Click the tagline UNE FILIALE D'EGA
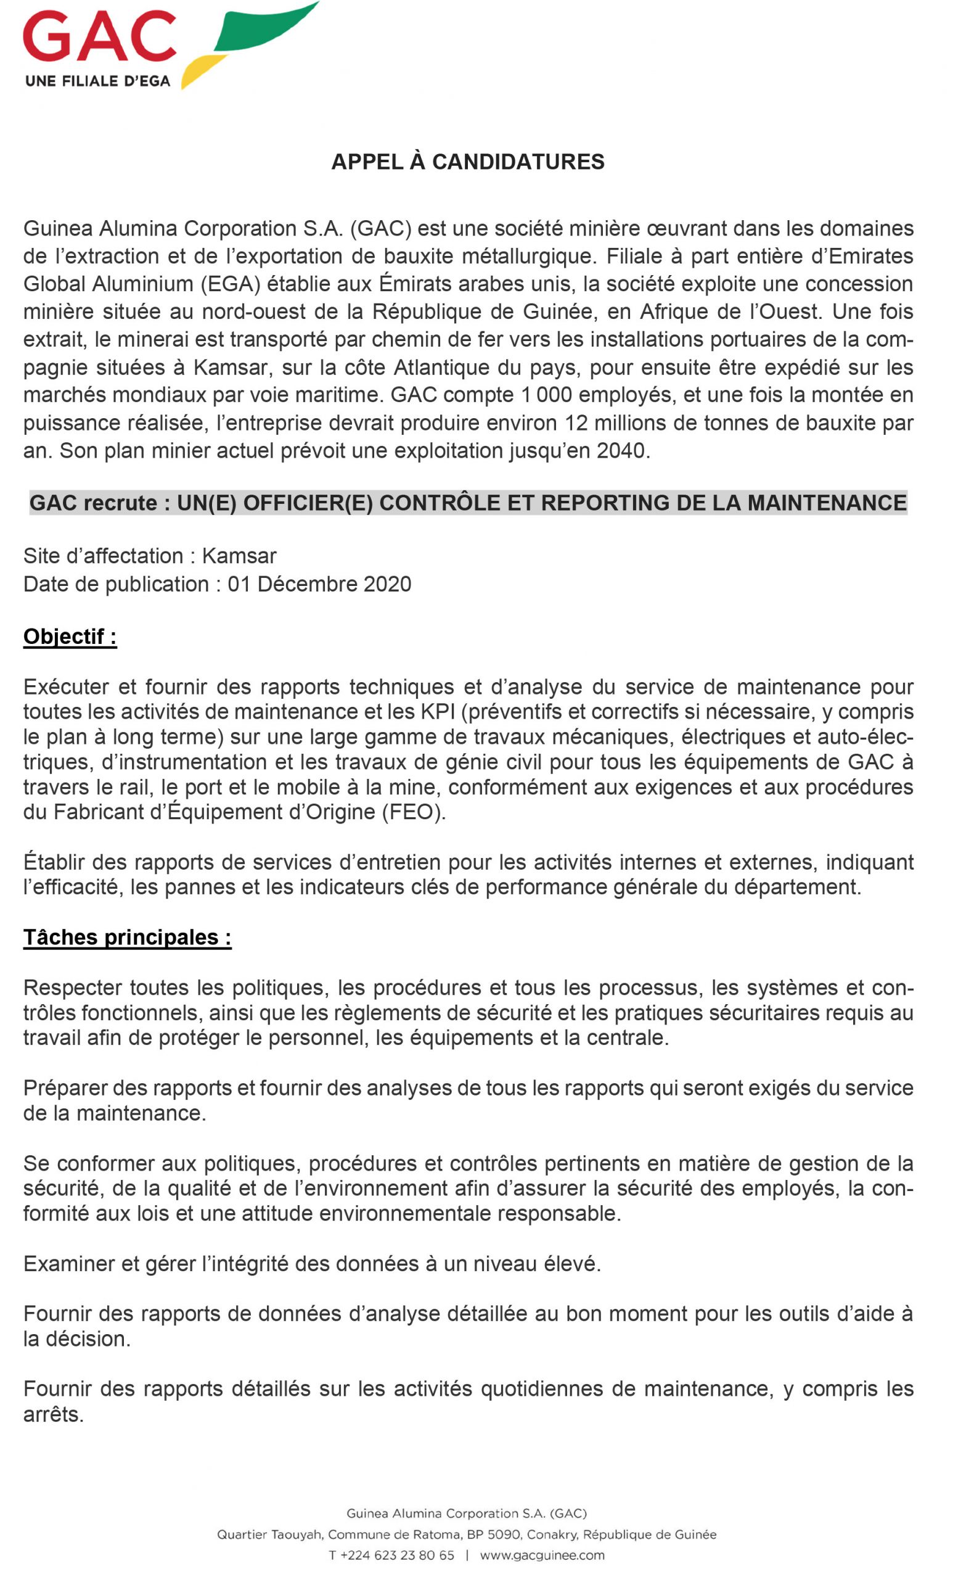click(97, 81)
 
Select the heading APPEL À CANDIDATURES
click(468, 162)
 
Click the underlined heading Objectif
click(70, 637)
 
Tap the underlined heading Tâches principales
click(127, 938)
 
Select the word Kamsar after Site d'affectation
click(239, 556)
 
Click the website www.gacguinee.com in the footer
click(542, 1556)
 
